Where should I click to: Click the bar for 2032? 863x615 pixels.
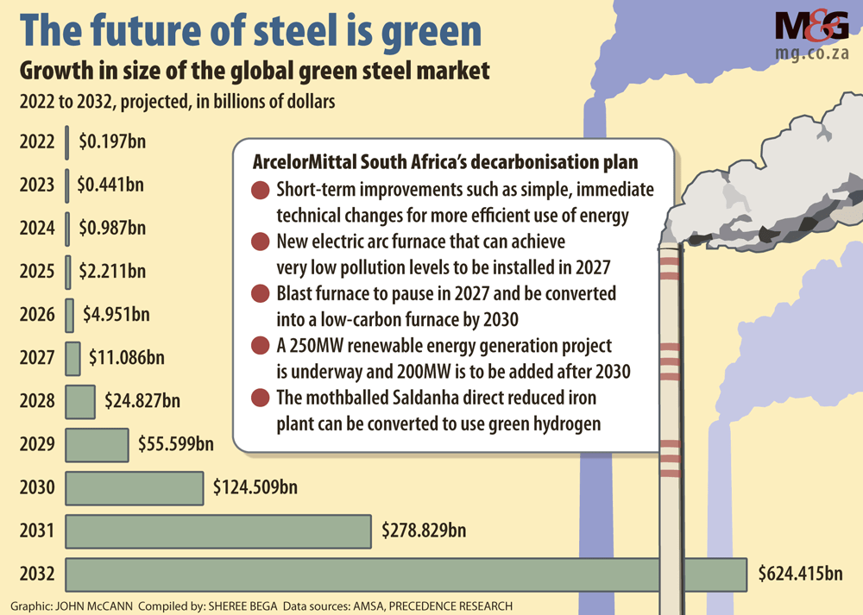pyautogui.click(x=406, y=574)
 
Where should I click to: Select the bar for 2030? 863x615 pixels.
pyautogui.click(x=135, y=487)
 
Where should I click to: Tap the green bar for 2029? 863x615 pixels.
pyautogui.click(x=97, y=444)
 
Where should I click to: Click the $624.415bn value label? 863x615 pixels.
pyautogui.click(x=800, y=574)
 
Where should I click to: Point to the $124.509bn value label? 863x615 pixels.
pyautogui.click(x=255, y=487)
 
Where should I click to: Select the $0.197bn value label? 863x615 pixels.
pyautogui.click(x=110, y=141)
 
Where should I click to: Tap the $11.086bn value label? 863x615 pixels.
pyautogui.click(x=126, y=356)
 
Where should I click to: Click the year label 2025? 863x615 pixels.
pyautogui.click(x=37, y=272)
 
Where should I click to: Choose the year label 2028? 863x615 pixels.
pyautogui.click(x=37, y=401)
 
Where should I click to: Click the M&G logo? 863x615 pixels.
pyautogui.click(x=811, y=28)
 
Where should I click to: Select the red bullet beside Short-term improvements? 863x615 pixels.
pyautogui.click(x=259, y=191)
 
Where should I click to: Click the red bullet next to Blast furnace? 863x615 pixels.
pyautogui.click(x=259, y=295)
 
